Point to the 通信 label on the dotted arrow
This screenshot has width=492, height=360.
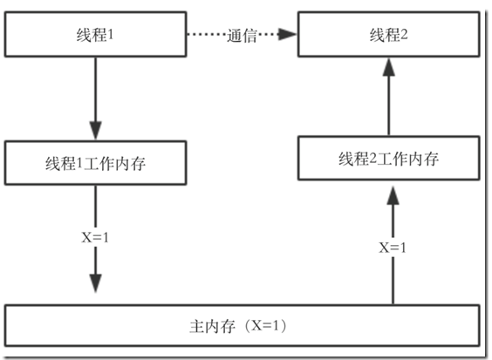click(242, 35)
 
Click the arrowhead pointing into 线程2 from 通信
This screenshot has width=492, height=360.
click(287, 34)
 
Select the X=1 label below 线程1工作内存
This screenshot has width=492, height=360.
click(95, 237)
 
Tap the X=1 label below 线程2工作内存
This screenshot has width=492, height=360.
click(393, 248)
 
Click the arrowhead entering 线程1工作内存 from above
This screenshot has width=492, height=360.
click(95, 131)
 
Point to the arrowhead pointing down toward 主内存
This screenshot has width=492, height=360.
click(95, 283)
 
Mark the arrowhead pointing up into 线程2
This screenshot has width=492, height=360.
click(389, 67)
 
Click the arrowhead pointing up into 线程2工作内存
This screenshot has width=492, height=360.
click(393, 195)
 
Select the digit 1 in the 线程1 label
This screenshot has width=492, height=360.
click(110, 34)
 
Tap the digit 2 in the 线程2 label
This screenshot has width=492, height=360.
click(404, 34)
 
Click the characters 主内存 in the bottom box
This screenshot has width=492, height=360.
click(213, 326)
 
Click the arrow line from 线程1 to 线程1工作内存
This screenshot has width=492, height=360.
click(95, 98)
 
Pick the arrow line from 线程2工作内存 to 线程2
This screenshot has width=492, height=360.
click(389, 97)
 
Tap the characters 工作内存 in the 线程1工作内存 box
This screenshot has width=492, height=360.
click(115, 163)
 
